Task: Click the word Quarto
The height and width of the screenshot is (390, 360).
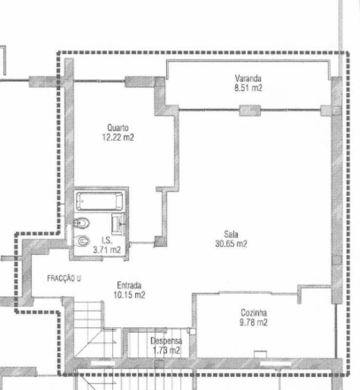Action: click(x=118, y=128)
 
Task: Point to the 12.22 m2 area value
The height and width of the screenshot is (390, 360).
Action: click(x=118, y=137)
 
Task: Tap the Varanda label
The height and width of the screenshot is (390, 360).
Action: click(x=248, y=78)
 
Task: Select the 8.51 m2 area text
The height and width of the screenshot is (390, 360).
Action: click(x=248, y=88)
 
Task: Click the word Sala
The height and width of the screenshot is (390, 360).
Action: click(x=231, y=234)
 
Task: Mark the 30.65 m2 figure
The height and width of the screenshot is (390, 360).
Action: click(x=231, y=243)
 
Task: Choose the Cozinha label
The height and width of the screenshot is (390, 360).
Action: click(x=254, y=312)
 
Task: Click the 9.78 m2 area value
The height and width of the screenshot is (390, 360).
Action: click(x=254, y=322)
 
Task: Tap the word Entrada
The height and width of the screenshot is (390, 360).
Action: click(x=129, y=285)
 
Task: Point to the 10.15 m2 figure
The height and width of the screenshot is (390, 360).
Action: click(x=129, y=295)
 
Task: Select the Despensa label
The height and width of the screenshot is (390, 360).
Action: click(x=166, y=341)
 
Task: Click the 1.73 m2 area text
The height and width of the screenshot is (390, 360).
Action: click(x=166, y=351)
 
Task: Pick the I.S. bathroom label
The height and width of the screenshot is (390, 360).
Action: click(x=107, y=240)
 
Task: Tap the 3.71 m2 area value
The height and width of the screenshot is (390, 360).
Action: click(x=107, y=250)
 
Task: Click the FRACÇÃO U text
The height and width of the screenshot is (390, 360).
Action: click(x=64, y=278)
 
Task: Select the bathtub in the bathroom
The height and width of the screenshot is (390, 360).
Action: click(x=100, y=201)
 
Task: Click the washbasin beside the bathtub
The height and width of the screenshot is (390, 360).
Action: click(x=119, y=224)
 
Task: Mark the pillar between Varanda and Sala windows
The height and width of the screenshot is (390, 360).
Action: click(x=250, y=111)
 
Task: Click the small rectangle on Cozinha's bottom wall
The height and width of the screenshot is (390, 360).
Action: click(x=260, y=354)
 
